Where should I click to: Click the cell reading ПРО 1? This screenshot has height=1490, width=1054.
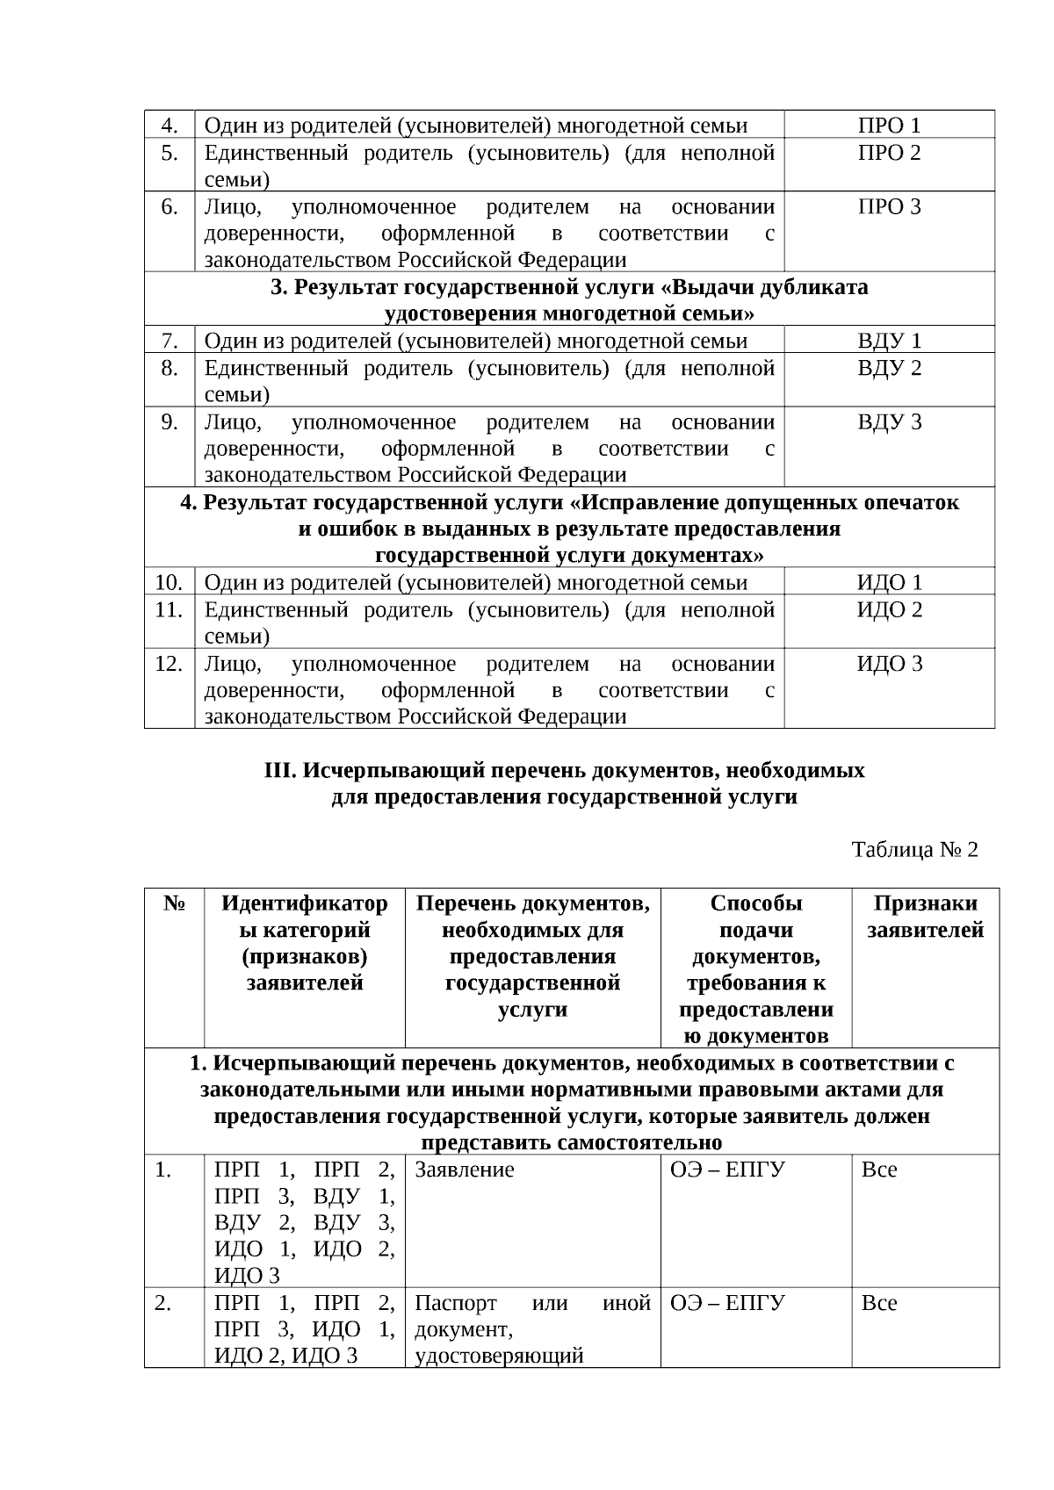tap(889, 125)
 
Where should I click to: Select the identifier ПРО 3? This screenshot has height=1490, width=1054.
tap(889, 207)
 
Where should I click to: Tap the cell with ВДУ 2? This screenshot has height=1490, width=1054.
tap(889, 368)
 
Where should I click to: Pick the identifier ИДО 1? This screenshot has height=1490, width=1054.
tap(889, 582)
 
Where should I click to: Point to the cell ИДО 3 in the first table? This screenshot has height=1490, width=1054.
tap(889, 664)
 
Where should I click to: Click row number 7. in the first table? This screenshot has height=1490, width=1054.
tap(170, 341)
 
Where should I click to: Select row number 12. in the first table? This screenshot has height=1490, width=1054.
tap(169, 664)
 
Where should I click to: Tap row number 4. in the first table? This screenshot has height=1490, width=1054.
tap(170, 125)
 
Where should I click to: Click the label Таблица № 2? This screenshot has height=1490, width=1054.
tap(914, 849)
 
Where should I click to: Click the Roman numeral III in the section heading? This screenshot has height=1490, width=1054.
tap(280, 770)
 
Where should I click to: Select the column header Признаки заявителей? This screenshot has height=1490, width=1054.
tap(925, 917)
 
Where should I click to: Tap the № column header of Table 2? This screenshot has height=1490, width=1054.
tap(174, 903)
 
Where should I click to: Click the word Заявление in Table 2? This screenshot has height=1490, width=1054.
tap(464, 1170)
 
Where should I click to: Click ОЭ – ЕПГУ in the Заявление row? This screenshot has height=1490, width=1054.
tap(727, 1170)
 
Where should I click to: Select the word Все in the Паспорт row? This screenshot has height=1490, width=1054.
tap(879, 1303)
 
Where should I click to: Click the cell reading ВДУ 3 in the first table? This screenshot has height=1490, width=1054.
tap(889, 422)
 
